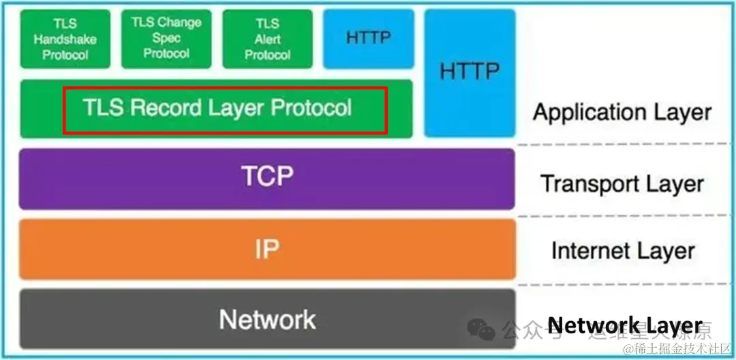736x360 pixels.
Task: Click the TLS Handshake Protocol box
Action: pyautogui.click(x=65, y=39)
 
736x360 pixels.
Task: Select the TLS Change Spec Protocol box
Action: pyautogui.click(x=166, y=38)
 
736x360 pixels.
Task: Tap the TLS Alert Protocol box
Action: pyautogui.click(x=267, y=39)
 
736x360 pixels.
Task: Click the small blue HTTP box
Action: pyautogui.click(x=369, y=39)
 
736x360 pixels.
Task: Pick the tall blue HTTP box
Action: pyautogui.click(x=470, y=72)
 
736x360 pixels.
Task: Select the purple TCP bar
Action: pyautogui.click(x=266, y=178)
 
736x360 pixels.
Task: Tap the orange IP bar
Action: pyautogui.click(x=266, y=249)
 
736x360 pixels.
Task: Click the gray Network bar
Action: pyautogui.click(x=266, y=318)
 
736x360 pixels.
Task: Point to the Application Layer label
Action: pyautogui.click(x=622, y=112)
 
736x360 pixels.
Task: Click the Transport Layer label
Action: pyautogui.click(x=622, y=183)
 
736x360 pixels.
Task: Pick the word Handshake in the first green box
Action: pyautogui.click(x=65, y=40)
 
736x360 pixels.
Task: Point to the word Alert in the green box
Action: pyautogui.click(x=268, y=39)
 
